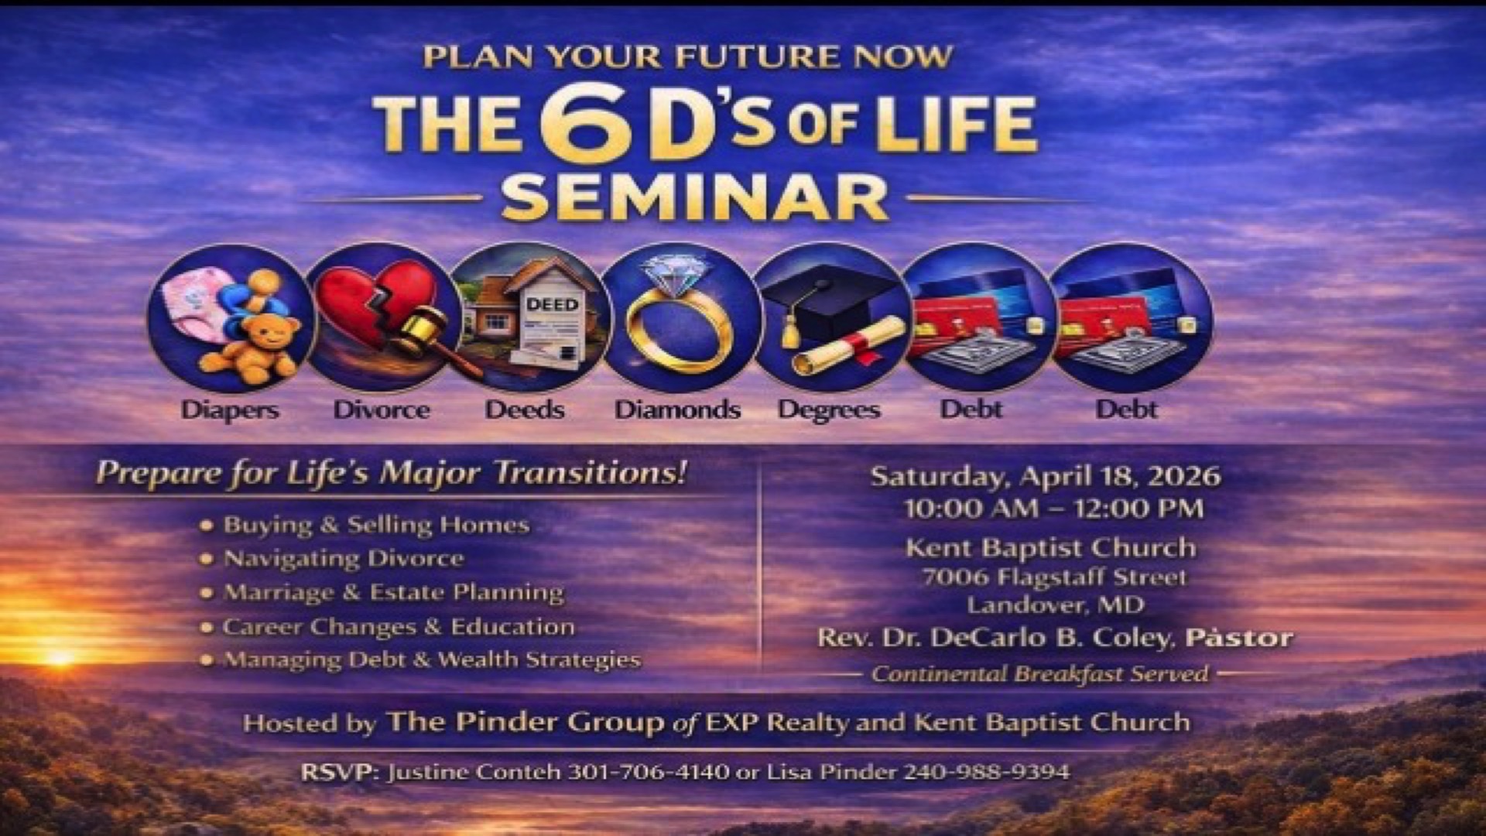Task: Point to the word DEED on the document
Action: pos(552,304)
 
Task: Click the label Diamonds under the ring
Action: pos(677,409)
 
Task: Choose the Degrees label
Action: pos(829,410)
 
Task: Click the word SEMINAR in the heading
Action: pos(694,198)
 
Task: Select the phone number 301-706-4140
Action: pos(649,772)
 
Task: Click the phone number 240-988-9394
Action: pos(988,772)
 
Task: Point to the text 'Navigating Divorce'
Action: pos(344,558)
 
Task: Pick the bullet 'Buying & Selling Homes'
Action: pos(376,525)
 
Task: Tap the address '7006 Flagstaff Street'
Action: pos(1054,577)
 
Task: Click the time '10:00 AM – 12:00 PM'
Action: pos(1053,509)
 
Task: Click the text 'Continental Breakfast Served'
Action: pos(1040,673)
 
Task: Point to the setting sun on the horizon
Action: pos(60,657)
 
